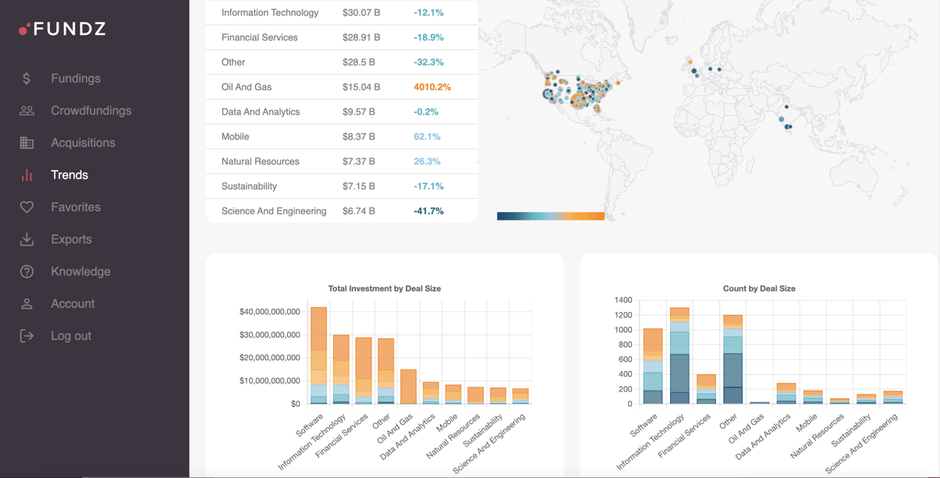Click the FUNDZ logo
(62, 29)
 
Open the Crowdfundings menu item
(90, 111)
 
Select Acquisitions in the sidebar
(83, 143)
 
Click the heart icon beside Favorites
(27, 207)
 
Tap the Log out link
(71, 336)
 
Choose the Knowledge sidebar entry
(80, 271)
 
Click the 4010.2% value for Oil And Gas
(432, 87)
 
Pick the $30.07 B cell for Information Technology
(361, 12)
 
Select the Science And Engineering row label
(274, 211)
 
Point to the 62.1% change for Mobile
(427, 136)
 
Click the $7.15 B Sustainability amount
(359, 186)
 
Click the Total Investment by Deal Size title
(385, 289)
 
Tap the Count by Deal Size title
(759, 289)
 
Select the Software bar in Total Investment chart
(318, 355)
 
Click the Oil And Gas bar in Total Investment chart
(408, 387)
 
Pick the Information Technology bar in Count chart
(679, 356)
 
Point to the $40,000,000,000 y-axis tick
(270, 312)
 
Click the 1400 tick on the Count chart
(623, 300)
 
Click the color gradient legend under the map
(551, 216)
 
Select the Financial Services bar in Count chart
(706, 389)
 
